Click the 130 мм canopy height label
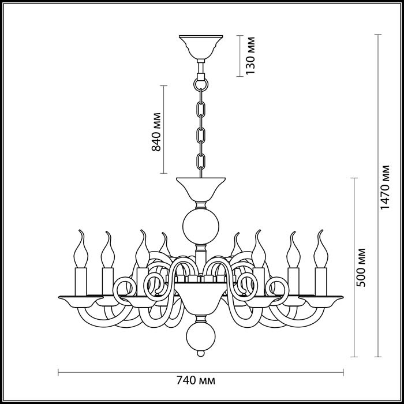coord(250,57)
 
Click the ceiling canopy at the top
coord(200,46)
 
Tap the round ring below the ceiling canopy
coord(200,83)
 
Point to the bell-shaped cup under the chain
coord(200,188)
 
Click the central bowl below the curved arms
coord(200,297)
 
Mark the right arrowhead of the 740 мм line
coord(343,371)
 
